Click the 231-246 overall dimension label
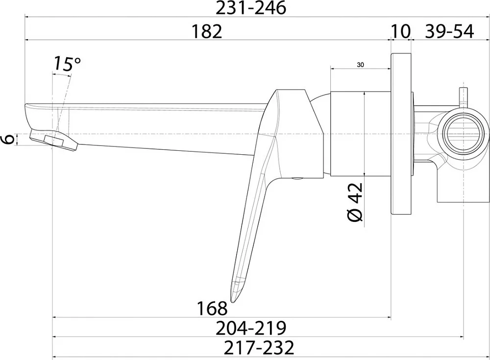[x=251, y=8]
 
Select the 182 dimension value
[x=207, y=31]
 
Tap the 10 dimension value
[x=400, y=31]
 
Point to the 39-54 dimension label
[x=449, y=31]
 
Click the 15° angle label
[x=67, y=64]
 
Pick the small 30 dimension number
[x=360, y=65]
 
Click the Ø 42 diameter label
[x=355, y=202]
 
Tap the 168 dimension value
[x=212, y=309]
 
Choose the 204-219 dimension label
[x=251, y=328]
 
